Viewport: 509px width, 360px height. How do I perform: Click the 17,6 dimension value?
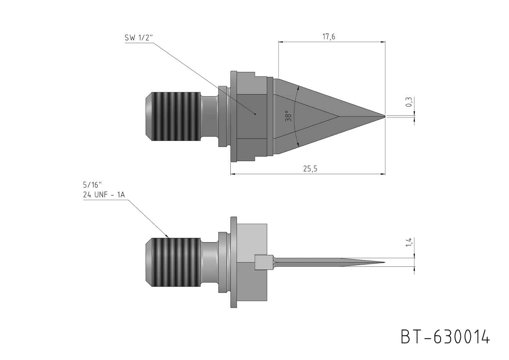click(x=329, y=37)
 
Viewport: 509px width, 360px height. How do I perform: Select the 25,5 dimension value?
click(x=310, y=169)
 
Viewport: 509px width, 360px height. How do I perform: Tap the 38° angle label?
click(x=288, y=116)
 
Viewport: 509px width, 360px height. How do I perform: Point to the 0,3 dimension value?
click(x=409, y=102)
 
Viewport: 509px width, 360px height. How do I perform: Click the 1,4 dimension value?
click(x=409, y=242)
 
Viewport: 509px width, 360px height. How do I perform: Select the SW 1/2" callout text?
click(x=139, y=37)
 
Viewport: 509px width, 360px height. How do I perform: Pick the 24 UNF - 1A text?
click(x=104, y=195)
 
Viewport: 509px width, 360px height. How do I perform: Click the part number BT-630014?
click(x=445, y=337)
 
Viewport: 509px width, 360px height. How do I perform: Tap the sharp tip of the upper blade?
click(x=385, y=116)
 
